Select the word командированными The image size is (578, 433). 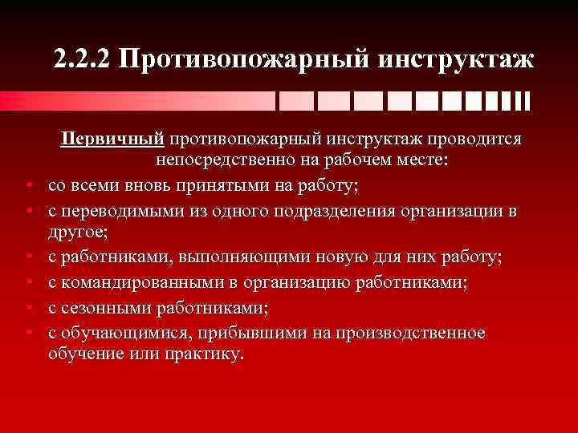point(140,281)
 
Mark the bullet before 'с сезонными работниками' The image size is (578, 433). point(28,309)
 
